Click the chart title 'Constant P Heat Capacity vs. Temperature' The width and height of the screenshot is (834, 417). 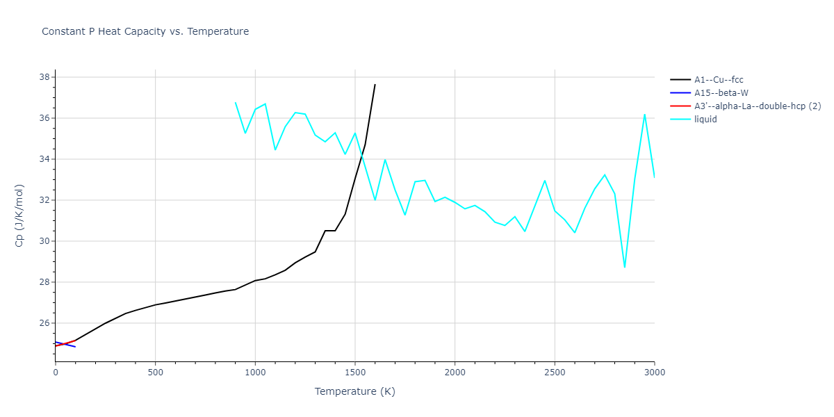(x=145, y=31)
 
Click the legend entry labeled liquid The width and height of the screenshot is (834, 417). (x=705, y=120)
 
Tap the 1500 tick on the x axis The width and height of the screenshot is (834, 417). (x=355, y=373)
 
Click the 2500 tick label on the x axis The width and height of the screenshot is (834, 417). (x=555, y=373)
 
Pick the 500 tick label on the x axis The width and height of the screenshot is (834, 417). (x=155, y=373)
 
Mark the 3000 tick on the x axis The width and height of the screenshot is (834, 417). (x=655, y=373)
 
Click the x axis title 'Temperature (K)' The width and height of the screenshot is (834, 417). (x=354, y=392)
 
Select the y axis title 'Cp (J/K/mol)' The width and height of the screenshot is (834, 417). (x=19, y=215)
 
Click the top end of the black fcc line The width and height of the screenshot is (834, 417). (x=375, y=85)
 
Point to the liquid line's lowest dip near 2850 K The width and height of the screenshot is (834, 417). (x=625, y=268)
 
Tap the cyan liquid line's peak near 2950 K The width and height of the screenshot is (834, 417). (x=645, y=114)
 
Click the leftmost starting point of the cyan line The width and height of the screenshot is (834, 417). (x=236, y=102)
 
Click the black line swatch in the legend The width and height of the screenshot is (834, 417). (x=680, y=80)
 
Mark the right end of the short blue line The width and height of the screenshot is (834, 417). (x=75, y=346)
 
